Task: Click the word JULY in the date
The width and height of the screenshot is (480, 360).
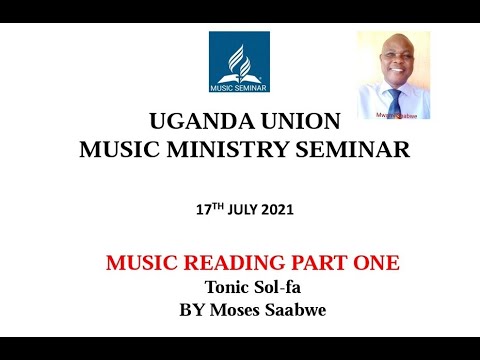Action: pyautogui.click(x=243, y=212)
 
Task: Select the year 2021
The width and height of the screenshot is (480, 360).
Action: pyautogui.click(x=279, y=212)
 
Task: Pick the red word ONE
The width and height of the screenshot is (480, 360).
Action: pyautogui.click(x=377, y=264)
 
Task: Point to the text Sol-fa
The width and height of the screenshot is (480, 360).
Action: pyautogui.click(x=276, y=287)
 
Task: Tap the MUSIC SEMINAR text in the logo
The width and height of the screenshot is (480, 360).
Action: pyautogui.click(x=238, y=86)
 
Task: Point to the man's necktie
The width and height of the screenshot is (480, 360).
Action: pyautogui.click(x=396, y=102)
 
